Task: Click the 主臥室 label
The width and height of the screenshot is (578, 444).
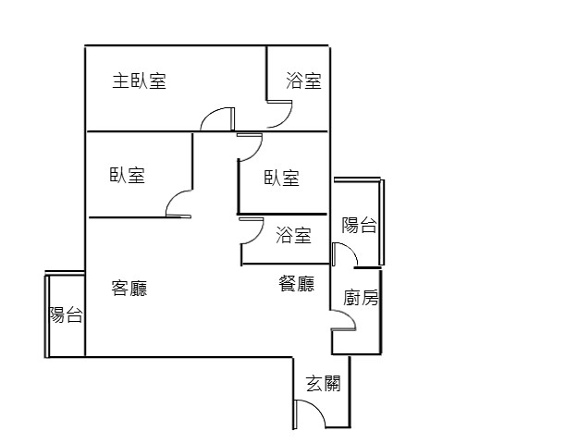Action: coord(140,80)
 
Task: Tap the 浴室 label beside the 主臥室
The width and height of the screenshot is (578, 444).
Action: coord(303,80)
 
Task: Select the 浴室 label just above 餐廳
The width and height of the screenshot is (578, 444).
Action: coord(293,235)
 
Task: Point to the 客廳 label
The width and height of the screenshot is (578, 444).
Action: coord(129,288)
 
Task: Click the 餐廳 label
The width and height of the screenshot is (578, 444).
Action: coord(296,284)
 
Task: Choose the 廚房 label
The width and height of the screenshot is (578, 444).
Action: coord(361,298)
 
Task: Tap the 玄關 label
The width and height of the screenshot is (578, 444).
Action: coord(323,384)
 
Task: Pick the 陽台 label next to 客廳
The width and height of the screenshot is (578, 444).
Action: coord(66,314)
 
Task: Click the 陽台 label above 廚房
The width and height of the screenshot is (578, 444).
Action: coord(359,225)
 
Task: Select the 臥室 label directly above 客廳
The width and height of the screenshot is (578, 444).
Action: coord(128,175)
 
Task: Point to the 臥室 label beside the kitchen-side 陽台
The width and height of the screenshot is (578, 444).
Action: coord(282,178)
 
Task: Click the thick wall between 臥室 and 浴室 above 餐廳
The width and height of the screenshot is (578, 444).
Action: coord(282,214)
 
